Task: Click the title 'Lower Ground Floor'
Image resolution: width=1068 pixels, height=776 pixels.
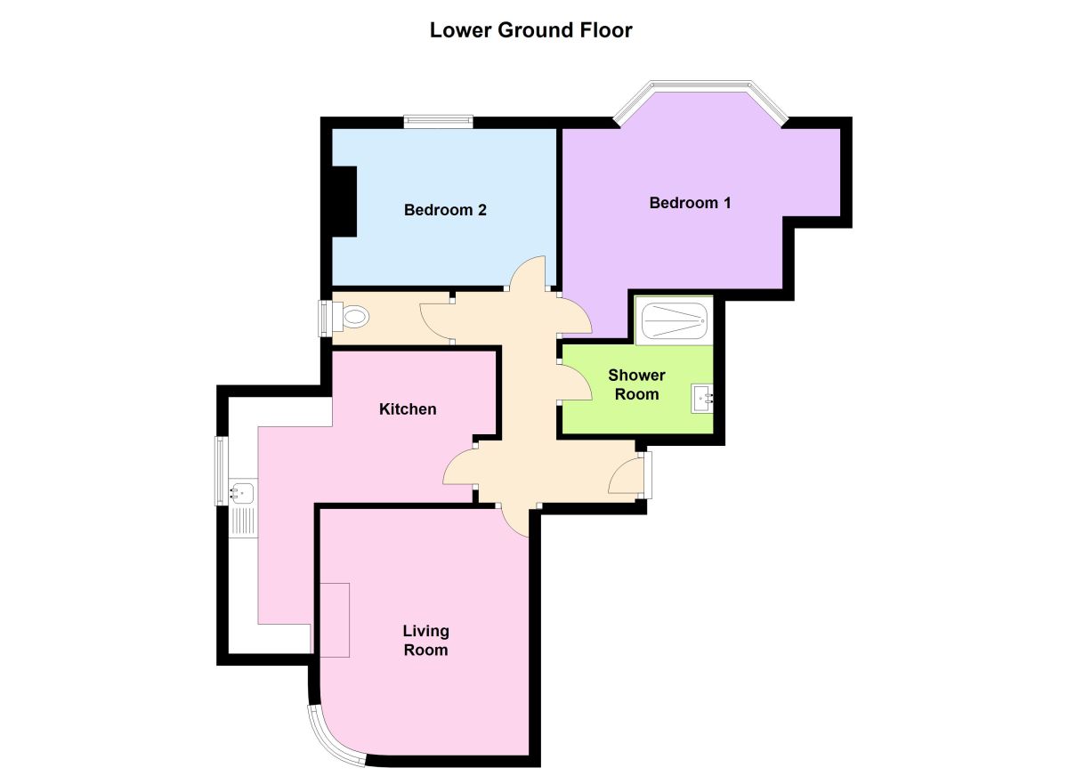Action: point(530,30)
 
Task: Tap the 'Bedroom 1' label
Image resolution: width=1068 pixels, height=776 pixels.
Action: point(690,203)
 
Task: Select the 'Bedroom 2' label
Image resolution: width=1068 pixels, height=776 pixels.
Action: point(444,210)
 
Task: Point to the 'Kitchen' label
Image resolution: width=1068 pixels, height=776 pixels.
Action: point(408,409)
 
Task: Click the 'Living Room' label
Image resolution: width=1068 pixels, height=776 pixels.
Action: point(425,641)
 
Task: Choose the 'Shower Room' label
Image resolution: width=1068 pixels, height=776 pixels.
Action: point(636,384)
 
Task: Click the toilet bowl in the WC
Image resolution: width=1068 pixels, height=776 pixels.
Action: point(354,317)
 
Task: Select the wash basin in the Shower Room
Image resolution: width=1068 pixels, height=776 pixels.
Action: point(702,397)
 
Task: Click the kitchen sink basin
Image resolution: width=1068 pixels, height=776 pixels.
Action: point(242,490)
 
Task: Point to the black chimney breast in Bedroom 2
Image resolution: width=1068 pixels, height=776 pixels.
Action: point(344,201)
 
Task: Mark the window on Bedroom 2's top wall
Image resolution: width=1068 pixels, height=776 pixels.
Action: point(437,122)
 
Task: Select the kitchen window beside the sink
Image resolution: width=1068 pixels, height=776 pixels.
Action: point(220,471)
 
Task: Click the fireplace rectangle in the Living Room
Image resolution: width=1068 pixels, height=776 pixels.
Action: point(334,619)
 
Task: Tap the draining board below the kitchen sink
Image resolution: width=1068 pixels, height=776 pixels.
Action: point(242,521)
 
